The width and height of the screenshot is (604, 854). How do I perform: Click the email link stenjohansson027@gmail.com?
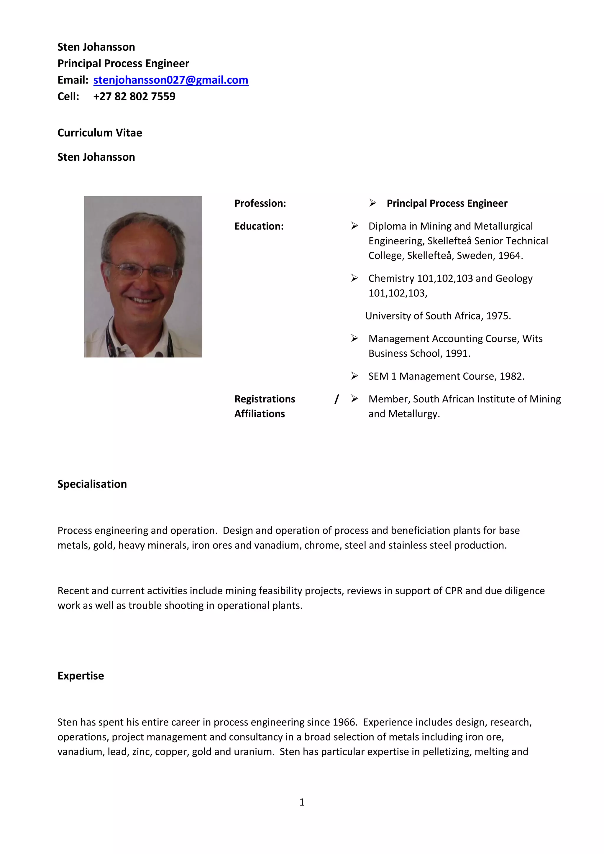tap(170, 80)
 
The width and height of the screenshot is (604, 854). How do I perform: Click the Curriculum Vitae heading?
tap(100, 133)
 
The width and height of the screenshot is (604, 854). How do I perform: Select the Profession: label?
tap(260, 203)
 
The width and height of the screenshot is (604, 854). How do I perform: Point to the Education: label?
tap(259, 226)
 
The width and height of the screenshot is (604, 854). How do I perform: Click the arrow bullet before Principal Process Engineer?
tap(372, 203)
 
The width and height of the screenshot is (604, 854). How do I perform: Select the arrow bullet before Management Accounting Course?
tap(354, 338)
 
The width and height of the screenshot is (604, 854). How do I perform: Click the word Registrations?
tap(265, 399)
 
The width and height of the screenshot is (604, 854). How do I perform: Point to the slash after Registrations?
tap(337, 399)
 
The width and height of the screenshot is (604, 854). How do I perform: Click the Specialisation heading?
tap(92, 484)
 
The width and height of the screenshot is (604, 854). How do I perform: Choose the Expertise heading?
tap(81, 675)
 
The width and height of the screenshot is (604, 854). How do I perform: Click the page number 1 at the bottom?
tap(302, 802)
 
